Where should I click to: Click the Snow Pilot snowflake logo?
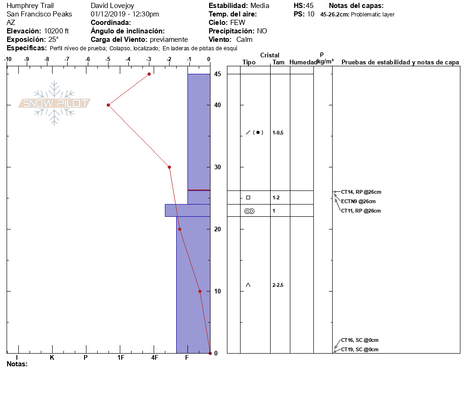[54, 103]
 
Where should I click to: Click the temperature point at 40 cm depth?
[109, 105]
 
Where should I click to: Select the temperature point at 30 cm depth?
[170, 167]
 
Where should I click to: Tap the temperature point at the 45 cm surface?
[149, 74]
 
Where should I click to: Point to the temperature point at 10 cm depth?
[200, 291]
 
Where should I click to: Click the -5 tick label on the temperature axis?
[108, 59]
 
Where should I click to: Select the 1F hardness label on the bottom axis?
[121, 357]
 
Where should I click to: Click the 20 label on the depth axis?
[218, 229]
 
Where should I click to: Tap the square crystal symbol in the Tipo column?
[248, 197]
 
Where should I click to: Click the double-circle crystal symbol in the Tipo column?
[249, 211]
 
